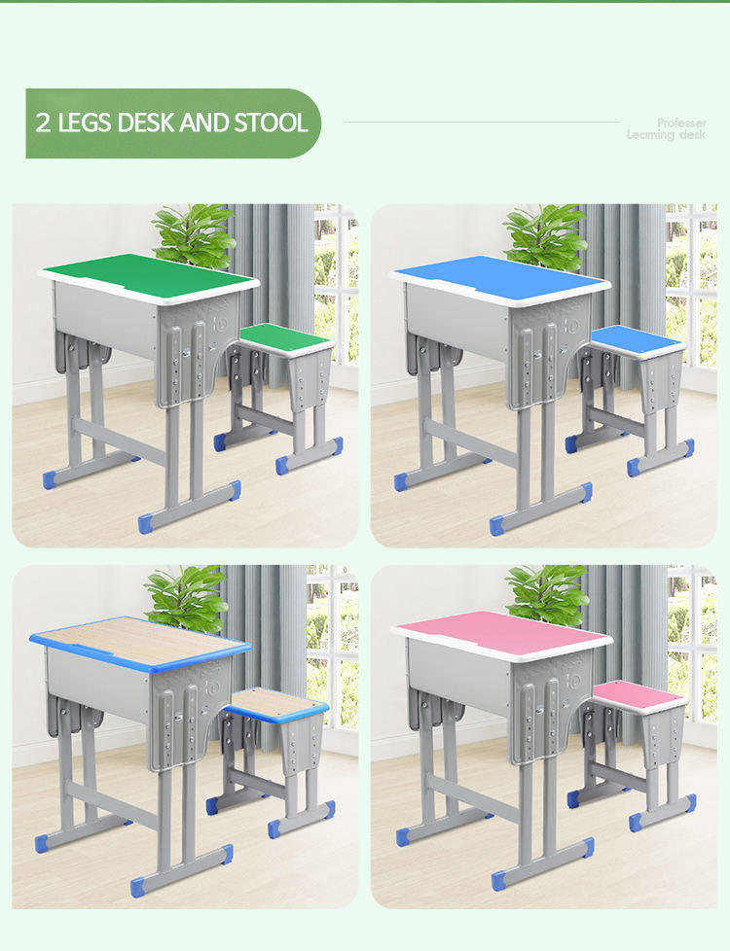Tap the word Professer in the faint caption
tap(681, 123)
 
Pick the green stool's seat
tap(285, 337)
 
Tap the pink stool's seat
tap(639, 693)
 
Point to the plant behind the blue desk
tap(545, 234)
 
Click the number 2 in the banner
tap(43, 123)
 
